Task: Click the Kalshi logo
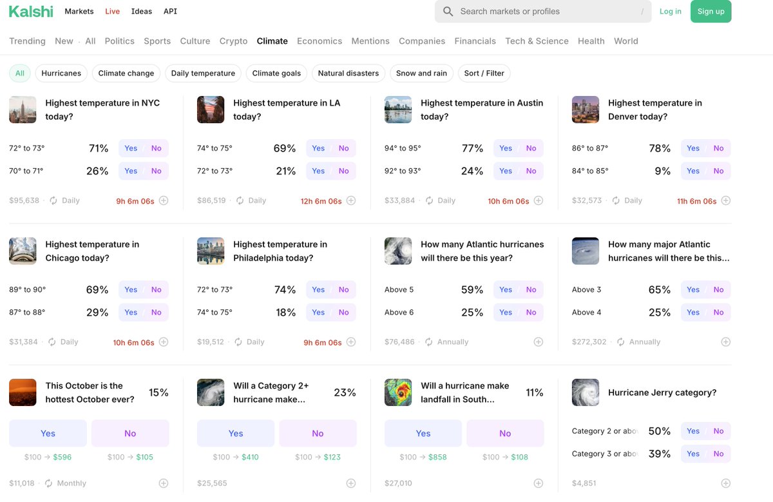click(x=31, y=12)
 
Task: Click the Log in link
click(x=670, y=12)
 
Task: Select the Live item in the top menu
click(x=112, y=12)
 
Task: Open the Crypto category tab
click(x=233, y=41)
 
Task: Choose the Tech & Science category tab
click(x=537, y=41)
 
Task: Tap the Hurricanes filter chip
click(x=61, y=73)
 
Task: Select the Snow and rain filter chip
click(x=421, y=73)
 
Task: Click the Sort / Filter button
click(x=484, y=73)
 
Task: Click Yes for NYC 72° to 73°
click(x=131, y=148)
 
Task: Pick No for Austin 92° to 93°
click(x=531, y=171)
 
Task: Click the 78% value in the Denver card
click(x=660, y=148)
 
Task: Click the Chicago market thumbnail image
click(x=23, y=251)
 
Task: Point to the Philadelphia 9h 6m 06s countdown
click(x=322, y=343)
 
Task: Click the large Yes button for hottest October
click(x=48, y=434)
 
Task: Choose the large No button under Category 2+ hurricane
click(x=318, y=434)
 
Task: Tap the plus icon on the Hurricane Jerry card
click(x=725, y=483)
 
